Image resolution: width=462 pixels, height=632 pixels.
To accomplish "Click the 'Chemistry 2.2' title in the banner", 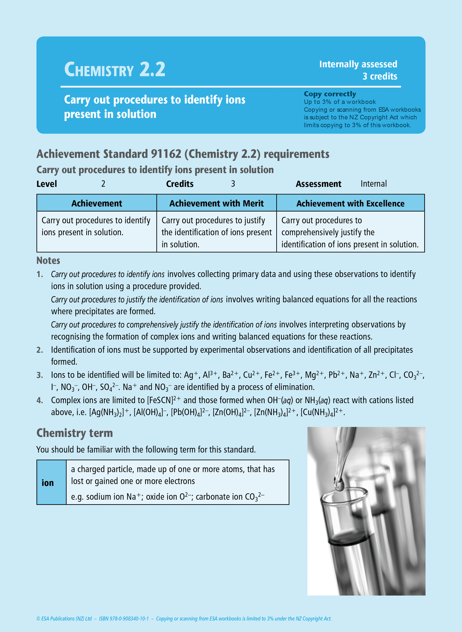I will (114, 69).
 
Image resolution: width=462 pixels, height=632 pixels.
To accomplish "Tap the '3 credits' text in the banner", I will (380, 76).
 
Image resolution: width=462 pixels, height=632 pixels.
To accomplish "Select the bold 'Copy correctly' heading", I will (330, 94).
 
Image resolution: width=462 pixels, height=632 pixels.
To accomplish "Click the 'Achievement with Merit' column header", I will (216, 203).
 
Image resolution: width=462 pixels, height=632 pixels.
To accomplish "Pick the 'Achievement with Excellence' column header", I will (350, 203).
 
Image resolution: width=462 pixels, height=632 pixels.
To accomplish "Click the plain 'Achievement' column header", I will (97, 203).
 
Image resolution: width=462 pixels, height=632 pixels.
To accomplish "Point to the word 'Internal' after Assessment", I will (373, 184).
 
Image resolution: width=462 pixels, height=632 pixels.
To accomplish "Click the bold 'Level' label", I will (47, 184).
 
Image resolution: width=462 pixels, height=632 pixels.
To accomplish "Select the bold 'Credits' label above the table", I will (180, 184).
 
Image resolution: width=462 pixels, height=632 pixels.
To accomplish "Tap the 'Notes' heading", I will (48, 260).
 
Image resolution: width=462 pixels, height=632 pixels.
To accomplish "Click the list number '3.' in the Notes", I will (40, 375).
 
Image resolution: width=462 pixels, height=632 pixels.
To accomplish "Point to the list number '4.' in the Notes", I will (40, 400).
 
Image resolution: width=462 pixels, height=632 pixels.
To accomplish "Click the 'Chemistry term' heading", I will (74, 433).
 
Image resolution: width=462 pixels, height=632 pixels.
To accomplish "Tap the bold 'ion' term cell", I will (48, 483).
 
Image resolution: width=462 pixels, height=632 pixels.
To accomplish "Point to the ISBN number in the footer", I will (124, 619).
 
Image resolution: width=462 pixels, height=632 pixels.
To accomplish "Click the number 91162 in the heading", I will (166, 154).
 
